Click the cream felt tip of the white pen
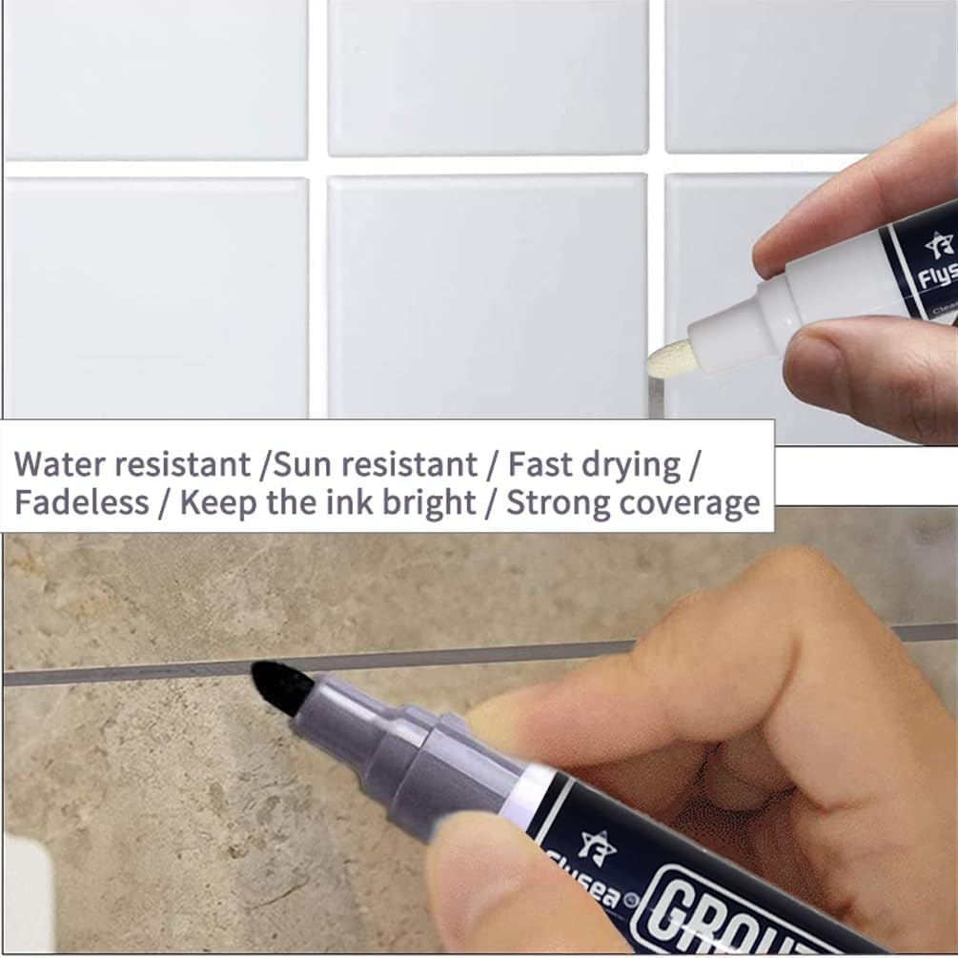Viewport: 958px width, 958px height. click(x=668, y=357)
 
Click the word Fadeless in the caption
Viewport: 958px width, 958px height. click(x=81, y=502)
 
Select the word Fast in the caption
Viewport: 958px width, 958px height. click(x=539, y=465)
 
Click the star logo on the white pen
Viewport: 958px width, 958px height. click(x=939, y=244)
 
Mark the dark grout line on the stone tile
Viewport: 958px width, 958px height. click(x=143, y=674)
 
